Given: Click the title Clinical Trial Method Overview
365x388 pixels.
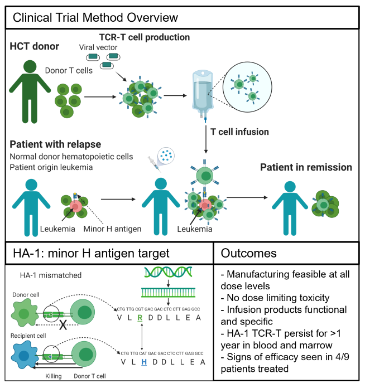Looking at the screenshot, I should tap(95, 17).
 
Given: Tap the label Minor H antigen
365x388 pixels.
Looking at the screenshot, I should tap(112, 229).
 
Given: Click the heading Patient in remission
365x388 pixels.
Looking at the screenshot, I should tap(306, 167).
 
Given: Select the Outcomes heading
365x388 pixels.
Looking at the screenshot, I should tap(249, 253).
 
